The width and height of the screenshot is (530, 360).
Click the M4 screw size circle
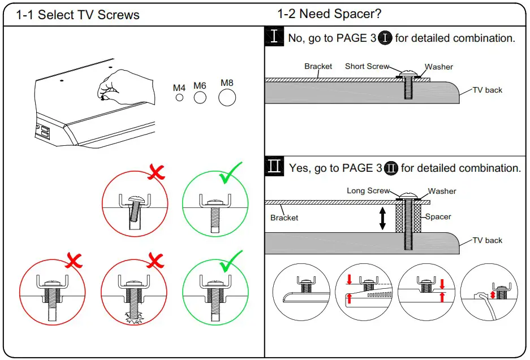point(179,98)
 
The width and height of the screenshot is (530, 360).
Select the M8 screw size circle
point(227,98)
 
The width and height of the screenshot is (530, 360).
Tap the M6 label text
point(200,86)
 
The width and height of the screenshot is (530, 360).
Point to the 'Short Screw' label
point(367,66)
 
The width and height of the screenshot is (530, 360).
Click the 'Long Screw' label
point(368,190)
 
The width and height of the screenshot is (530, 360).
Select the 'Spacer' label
point(438,216)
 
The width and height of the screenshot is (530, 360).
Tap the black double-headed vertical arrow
point(382,218)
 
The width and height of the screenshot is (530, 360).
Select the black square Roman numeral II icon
point(274,167)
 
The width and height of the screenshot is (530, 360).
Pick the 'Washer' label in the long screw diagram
point(442,191)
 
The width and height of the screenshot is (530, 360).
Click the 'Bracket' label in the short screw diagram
point(318,66)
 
